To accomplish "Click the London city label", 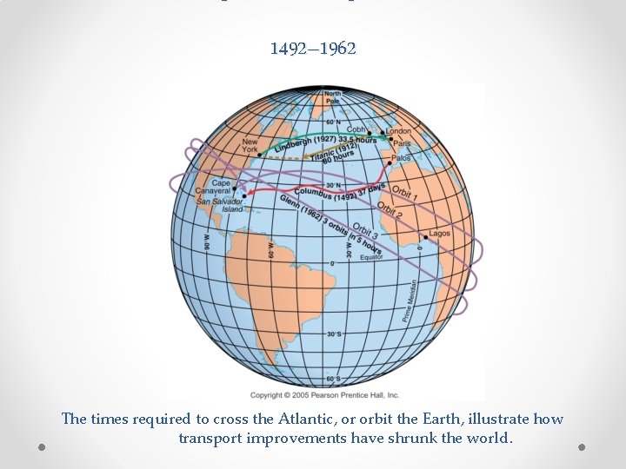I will coord(399,132).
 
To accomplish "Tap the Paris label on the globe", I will coord(402,144).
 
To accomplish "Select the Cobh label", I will coord(356,129).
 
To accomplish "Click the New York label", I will coord(250,144).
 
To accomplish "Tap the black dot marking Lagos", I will coord(425,235).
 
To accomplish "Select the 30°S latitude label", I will coord(333,334).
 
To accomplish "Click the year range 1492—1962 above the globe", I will coord(313,49).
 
